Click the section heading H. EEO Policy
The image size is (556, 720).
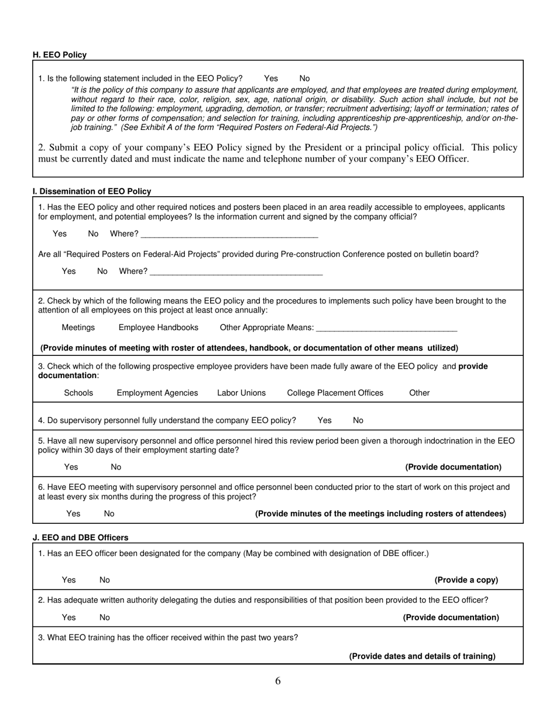click(x=60, y=55)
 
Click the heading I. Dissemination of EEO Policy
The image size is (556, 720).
click(x=92, y=191)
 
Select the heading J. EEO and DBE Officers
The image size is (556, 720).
click(x=81, y=537)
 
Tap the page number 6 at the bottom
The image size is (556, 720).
click(x=278, y=681)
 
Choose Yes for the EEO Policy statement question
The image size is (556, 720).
click(x=271, y=78)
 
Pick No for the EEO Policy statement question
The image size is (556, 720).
click(x=304, y=78)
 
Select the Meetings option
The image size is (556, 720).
click(x=78, y=328)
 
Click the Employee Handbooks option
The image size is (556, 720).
click(x=158, y=328)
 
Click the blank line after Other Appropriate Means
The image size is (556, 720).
click(x=386, y=329)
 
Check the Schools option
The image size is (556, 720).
click(x=78, y=393)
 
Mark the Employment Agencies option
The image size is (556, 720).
click(x=157, y=393)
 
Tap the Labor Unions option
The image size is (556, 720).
click(x=241, y=393)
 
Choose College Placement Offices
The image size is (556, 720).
click(x=335, y=393)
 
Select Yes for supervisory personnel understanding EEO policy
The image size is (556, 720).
click(x=324, y=420)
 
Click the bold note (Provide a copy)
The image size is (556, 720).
click(x=466, y=580)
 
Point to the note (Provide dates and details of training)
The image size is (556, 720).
click(x=422, y=656)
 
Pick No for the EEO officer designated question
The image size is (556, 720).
click(x=105, y=580)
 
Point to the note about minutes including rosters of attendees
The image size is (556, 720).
click(x=380, y=514)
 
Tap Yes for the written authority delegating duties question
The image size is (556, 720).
click(x=68, y=618)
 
